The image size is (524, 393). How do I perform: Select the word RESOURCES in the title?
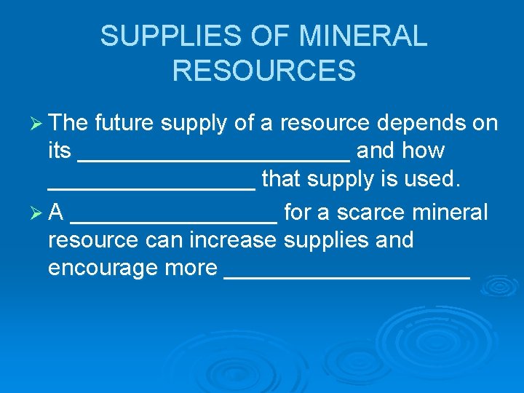tap(264, 71)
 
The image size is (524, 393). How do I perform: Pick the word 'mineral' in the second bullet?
tap(450, 213)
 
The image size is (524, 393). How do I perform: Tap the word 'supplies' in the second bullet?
tap(327, 240)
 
